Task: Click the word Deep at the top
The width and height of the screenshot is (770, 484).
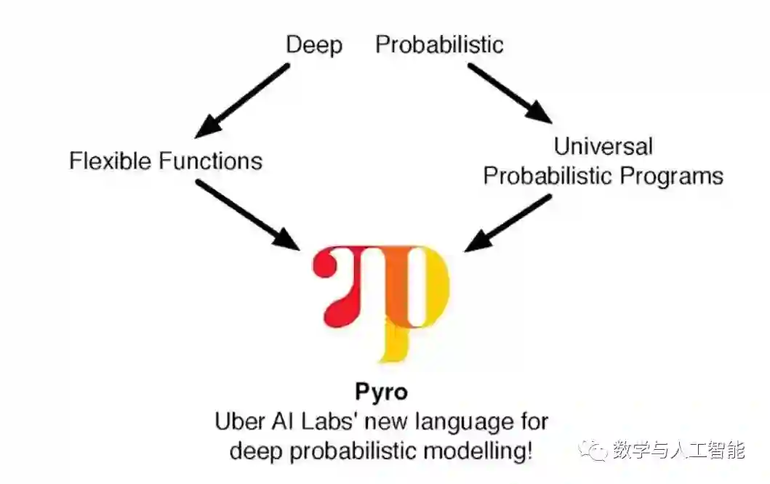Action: [x=313, y=44]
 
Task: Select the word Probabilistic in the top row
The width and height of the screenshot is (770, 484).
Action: [x=439, y=44]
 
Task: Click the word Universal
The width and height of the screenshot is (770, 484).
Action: [x=603, y=146]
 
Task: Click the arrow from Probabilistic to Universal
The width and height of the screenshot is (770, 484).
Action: [x=510, y=93]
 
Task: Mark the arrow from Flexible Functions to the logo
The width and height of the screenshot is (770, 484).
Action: [x=247, y=214]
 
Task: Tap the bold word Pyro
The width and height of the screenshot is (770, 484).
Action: [x=382, y=392]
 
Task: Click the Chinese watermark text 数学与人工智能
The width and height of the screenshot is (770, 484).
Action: [x=678, y=451]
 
